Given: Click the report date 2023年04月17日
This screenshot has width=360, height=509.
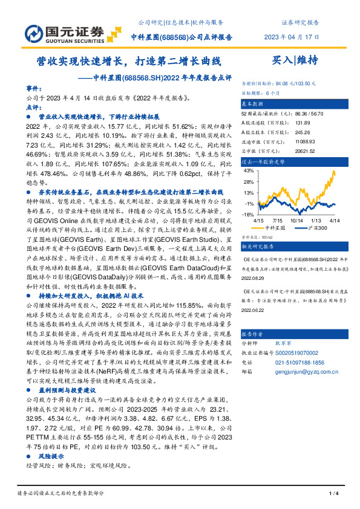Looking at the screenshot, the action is pyautogui.click(x=292, y=37).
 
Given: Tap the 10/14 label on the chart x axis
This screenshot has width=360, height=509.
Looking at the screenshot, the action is pyautogui.click(x=297, y=222).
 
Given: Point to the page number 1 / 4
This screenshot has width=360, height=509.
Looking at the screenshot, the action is pyautogui.click(x=332, y=495).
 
